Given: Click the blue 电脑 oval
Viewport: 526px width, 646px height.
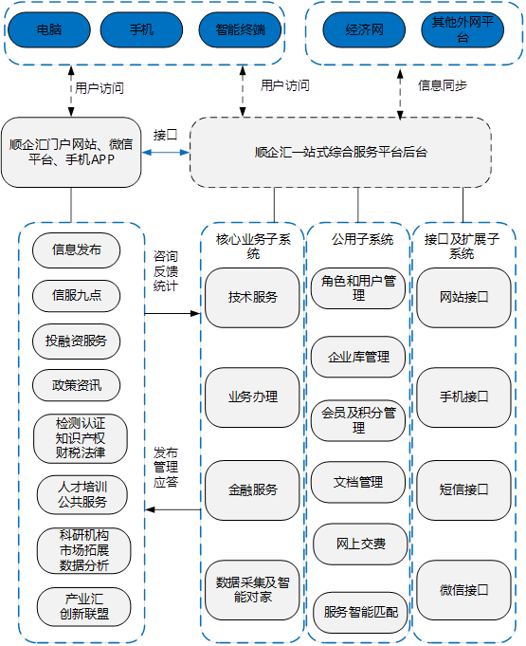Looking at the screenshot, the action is (x=49, y=29).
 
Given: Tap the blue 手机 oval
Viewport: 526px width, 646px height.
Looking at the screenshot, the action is (x=141, y=29).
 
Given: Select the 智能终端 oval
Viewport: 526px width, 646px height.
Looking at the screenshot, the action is (x=241, y=29).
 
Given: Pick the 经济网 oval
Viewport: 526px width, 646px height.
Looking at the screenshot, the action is (x=364, y=29).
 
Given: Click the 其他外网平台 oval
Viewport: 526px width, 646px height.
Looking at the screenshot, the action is (x=463, y=29).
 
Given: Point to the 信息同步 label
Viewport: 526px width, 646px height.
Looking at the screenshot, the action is (x=443, y=85).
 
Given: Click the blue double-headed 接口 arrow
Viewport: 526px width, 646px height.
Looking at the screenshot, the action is (x=166, y=153).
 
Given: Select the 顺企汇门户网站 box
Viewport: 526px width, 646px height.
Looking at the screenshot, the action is (x=71, y=152).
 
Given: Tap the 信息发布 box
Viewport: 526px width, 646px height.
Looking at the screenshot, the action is (x=76, y=250).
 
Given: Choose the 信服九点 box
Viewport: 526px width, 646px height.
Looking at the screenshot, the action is (x=76, y=295).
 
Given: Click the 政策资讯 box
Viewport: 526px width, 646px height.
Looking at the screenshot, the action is (x=76, y=385).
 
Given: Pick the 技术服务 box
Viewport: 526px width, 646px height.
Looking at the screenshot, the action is (x=252, y=298).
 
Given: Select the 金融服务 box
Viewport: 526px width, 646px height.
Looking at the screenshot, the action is (x=252, y=490).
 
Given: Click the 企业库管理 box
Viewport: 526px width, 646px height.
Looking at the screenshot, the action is (x=358, y=357).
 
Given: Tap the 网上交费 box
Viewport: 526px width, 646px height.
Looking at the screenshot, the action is (x=360, y=544).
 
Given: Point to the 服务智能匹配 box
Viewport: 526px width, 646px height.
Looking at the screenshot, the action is (x=360, y=613).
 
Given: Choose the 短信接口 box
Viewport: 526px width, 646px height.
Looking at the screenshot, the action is (x=463, y=490).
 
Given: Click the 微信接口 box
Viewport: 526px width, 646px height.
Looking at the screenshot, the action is (x=463, y=590).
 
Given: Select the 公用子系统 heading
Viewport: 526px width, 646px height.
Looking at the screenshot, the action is (x=362, y=239).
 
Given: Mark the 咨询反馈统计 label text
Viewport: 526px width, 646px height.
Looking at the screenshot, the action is (x=166, y=270).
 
